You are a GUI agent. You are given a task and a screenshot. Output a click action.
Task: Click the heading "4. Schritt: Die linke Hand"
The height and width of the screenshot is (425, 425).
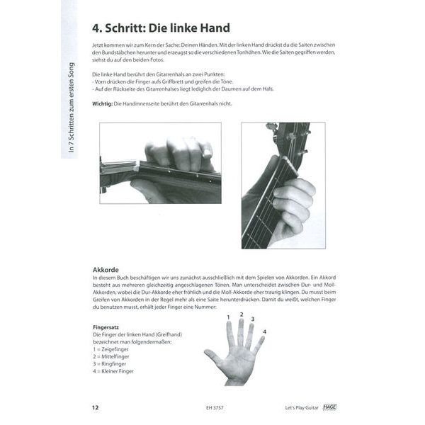[161, 28]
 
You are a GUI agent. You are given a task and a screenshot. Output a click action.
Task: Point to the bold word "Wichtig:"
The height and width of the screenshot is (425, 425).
[104, 104]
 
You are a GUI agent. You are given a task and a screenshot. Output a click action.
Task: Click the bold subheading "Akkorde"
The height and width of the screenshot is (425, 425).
[106, 270]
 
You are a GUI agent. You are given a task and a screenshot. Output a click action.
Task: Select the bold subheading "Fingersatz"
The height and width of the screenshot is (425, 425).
[107, 327]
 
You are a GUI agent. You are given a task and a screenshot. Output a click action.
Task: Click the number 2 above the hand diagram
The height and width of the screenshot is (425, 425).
[242, 314]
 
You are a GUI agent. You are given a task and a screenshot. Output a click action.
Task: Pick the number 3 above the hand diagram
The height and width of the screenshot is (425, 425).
[253, 319]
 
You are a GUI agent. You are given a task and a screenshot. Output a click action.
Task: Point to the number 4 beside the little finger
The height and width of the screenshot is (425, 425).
[264, 331]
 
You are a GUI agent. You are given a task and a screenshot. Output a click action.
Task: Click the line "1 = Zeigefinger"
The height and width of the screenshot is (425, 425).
[113, 351]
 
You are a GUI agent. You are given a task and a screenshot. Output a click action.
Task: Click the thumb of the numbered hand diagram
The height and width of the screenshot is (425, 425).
[210, 356]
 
